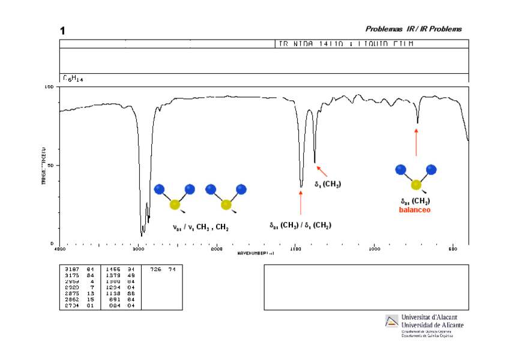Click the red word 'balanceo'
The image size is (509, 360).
coord(415,210)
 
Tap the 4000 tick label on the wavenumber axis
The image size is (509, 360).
coord(59,248)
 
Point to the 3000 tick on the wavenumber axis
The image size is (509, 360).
coord(138,248)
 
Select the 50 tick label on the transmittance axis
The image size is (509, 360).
coord(51,165)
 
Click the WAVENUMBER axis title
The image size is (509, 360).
coord(255,253)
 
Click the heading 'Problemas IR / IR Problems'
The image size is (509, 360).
coord(414,29)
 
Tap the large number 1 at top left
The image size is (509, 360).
coord(62,31)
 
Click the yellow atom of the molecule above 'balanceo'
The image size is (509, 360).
coord(416,184)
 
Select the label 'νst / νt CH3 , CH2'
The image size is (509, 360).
coord(200,228)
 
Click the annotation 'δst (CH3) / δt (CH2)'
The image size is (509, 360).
coord(300,226)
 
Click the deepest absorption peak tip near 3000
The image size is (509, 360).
coord(142,235)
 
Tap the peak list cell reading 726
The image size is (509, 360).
coord(155,269)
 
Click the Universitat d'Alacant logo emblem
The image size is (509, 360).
coord(391,320)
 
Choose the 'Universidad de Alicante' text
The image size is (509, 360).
coord(432,325)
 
